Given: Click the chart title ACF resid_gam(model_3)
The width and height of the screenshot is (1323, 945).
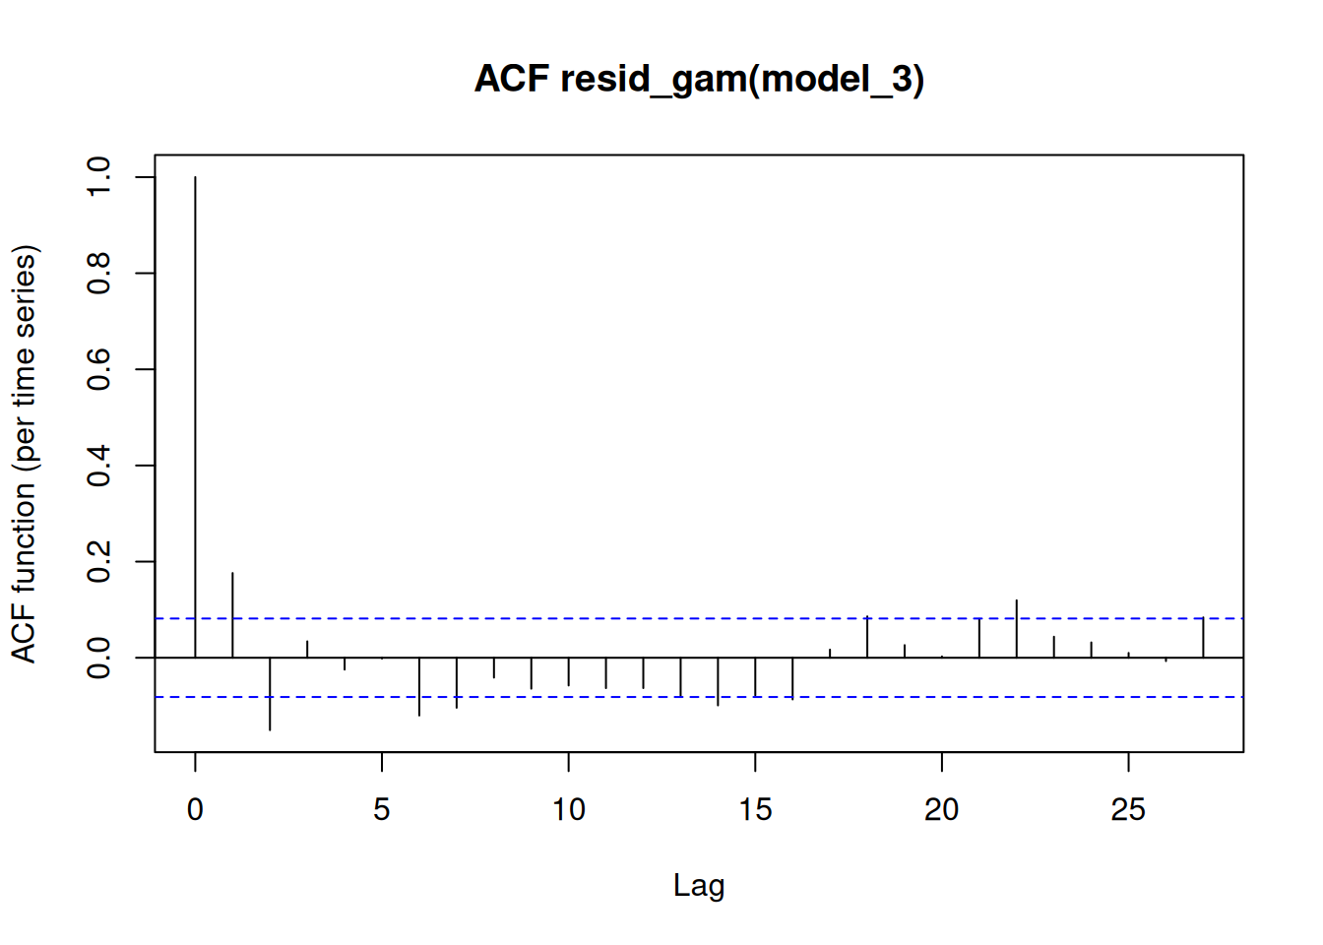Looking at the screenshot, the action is coord(699,79).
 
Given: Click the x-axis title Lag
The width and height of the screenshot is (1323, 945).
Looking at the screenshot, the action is coord(699,886).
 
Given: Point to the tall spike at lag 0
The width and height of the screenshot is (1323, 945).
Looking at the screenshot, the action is coord(195,417).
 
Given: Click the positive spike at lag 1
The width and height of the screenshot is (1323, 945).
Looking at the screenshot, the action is coord(232,615).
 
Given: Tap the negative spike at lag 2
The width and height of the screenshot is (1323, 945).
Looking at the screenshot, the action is coord(270,694).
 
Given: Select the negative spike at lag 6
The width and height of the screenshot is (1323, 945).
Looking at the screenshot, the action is coord(419,687).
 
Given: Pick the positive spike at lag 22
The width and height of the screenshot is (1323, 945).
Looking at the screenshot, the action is coord(1017,628).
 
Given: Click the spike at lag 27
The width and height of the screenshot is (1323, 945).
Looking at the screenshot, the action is coord(1203,637).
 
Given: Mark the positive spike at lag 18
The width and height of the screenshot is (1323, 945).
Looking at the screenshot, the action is coord(867,636).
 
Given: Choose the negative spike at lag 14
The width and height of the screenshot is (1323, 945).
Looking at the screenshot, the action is coord(718,681).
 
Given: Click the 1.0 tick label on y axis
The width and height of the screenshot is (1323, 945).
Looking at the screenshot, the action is coord(98,177).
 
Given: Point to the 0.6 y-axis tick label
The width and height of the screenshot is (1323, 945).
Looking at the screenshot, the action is coord(98,369).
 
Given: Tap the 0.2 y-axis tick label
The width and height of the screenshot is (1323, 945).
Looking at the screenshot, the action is coord(98,561).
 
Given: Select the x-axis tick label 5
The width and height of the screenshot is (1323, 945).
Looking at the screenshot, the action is coord(382,810).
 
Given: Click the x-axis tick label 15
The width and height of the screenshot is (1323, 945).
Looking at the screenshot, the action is coord(755,810).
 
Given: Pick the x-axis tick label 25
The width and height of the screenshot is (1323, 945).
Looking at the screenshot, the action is coord(1128,810).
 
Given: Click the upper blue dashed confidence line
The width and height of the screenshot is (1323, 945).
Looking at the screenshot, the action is coord(699,618).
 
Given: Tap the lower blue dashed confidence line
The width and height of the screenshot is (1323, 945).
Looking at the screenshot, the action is coord(699,697).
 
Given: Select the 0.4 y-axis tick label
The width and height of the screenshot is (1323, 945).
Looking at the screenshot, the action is coord(98,466).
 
